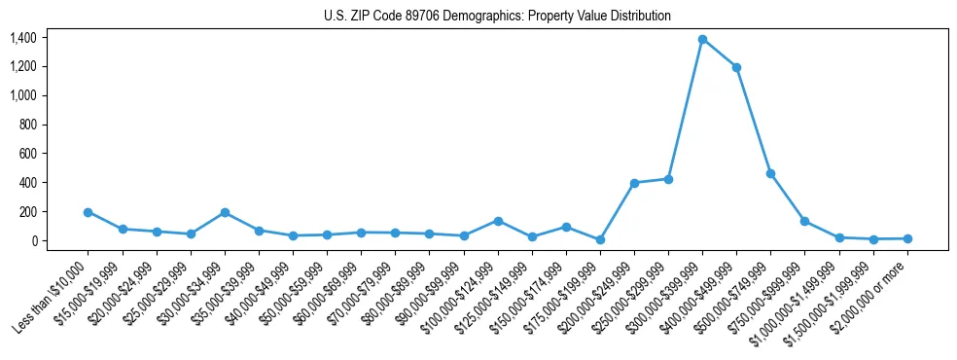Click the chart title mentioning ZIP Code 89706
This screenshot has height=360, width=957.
(x=497, y=17)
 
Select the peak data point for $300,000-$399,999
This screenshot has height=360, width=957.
(x=702, y=39)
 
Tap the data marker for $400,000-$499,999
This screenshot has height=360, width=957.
(x=736, y=67)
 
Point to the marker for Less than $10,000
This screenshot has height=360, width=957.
(x=88, y=212)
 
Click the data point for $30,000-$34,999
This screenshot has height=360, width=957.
(x=225, y=212)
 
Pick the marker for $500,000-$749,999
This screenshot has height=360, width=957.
(x=770, y=173)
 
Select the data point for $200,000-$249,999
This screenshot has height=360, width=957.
(x=634, y=183)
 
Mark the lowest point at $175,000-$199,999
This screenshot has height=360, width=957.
(x=600, y=239)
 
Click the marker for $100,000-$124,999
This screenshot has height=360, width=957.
(x=498, y=221)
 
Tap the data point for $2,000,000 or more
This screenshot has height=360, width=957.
(x=907, y=238)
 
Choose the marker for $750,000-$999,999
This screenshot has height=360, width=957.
(x=804, y=221)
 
